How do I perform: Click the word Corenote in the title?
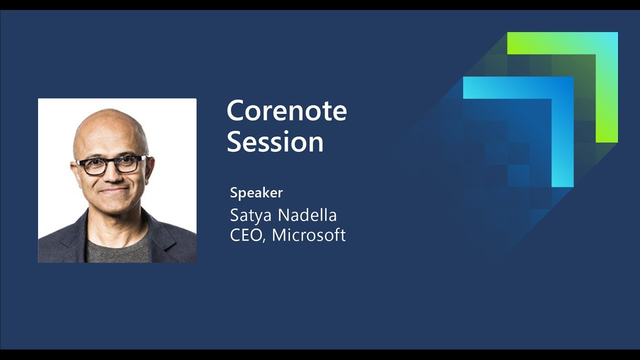[287, 110]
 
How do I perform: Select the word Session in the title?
[275, 141]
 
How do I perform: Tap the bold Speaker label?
[256, 193]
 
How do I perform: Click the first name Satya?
[250, 215]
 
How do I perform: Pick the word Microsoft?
[308, 235]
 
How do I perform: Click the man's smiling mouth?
[114, 190]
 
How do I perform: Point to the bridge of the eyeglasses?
[111, 163]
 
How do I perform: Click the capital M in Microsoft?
[279, 235]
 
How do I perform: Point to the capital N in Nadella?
[284, 215]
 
